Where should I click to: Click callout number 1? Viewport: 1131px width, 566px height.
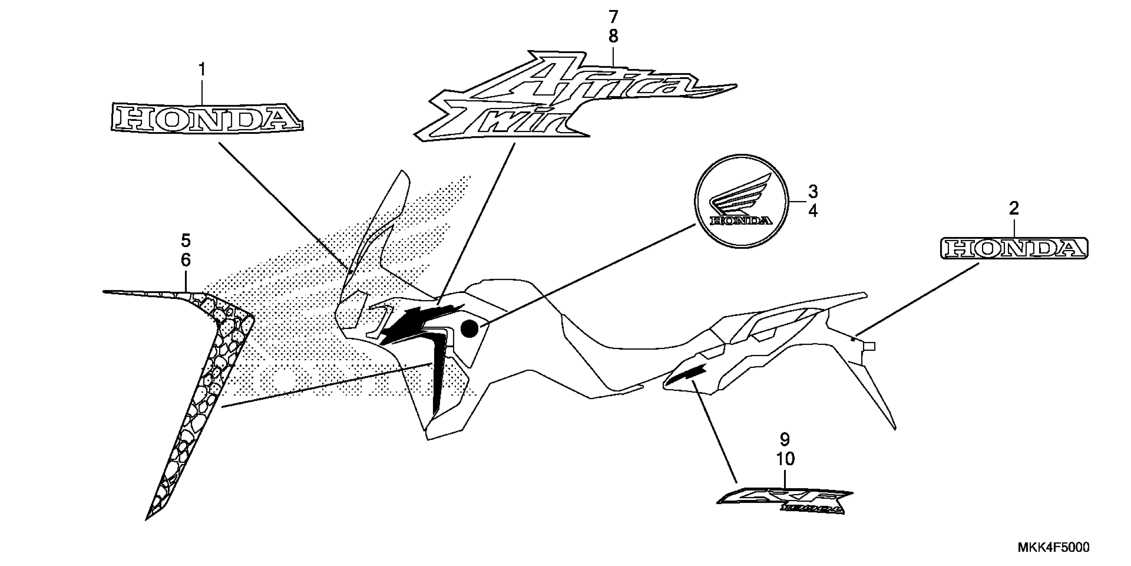[x=202, y=70]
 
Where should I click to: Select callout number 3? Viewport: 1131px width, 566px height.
[x=813, y=192]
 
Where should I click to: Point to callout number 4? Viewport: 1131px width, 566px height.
[x=813, y=211]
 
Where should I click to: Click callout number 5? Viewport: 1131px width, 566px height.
[x=186, y=241]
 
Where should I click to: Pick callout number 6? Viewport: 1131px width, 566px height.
[x=186, y=260]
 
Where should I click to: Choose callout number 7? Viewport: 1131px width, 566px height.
[x=613, y=17]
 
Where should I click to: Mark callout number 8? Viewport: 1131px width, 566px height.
[x=613, y=37]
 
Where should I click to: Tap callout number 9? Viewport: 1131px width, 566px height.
[x=785, y=440]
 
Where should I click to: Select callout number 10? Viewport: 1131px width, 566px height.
[x=785, y=459]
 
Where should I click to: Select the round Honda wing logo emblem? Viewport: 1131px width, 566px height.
[x=741, y=201]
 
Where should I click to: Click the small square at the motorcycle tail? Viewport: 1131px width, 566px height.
[x=869, y=347]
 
